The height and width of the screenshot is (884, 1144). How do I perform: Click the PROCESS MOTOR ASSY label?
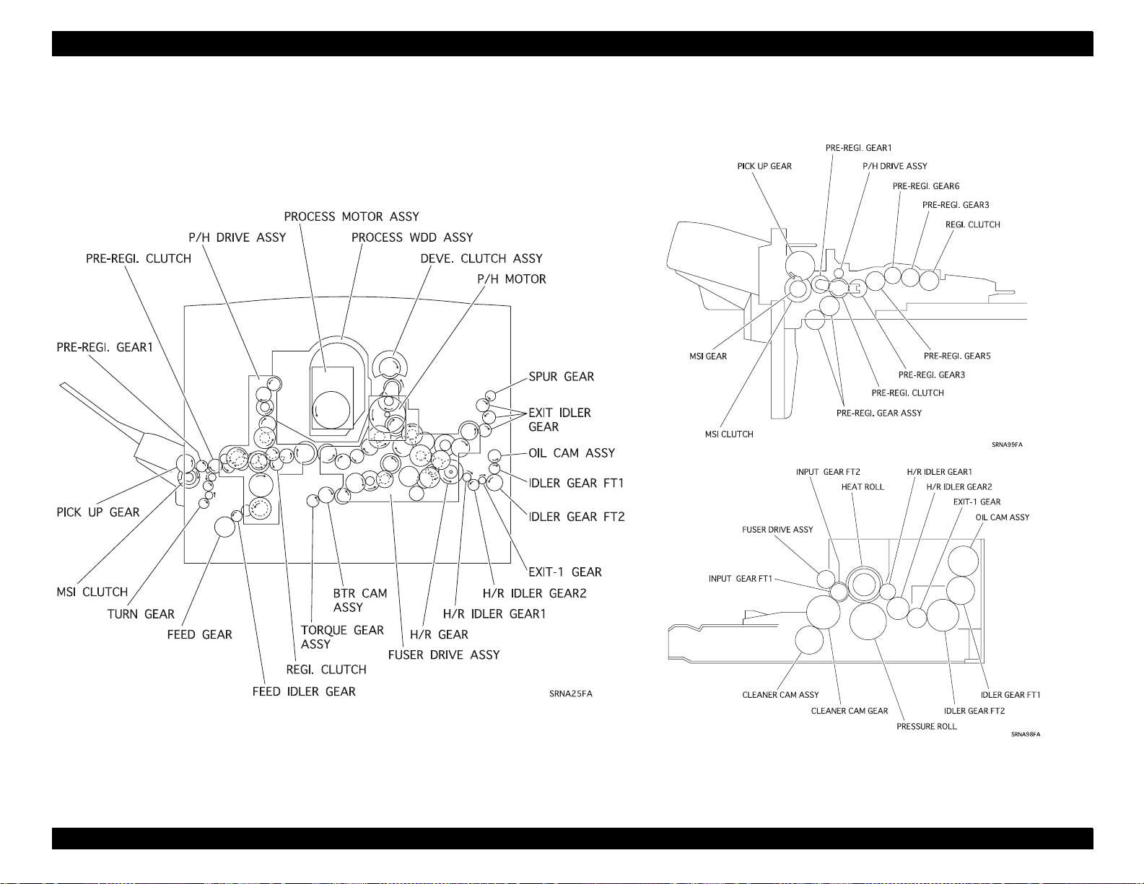point(352,216)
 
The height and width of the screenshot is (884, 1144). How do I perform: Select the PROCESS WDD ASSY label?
point(412,238)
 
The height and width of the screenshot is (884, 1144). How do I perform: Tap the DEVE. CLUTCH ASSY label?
point(481,259)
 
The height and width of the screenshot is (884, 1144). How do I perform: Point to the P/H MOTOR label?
point(512,279)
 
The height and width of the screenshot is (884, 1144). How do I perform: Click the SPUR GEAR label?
point(562,377)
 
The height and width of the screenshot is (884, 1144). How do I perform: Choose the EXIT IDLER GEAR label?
point(559,420)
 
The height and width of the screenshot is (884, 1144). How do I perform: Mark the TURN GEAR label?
point(141,614)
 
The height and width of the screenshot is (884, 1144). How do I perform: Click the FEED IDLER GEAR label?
point(304,691)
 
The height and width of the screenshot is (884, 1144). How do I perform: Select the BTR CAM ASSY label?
point(360,600)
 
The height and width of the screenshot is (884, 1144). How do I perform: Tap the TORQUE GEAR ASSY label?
point(342,637)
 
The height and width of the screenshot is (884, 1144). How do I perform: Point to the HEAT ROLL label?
point(863,487)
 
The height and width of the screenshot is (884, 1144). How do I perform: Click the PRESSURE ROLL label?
point(927,727)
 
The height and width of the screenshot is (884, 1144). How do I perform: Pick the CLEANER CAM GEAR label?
point(850,711)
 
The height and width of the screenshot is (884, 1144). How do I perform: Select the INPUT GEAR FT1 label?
point(741,579)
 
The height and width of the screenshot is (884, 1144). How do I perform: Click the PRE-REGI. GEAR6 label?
point(926,186)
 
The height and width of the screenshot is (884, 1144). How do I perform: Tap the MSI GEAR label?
point(708,356)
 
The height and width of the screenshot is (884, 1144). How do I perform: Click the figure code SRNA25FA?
point(571,694)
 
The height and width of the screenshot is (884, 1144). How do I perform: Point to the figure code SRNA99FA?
point(1007,445)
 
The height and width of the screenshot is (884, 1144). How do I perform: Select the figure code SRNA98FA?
point(1026,734)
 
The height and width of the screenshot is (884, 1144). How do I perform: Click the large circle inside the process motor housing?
point(331,410)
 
